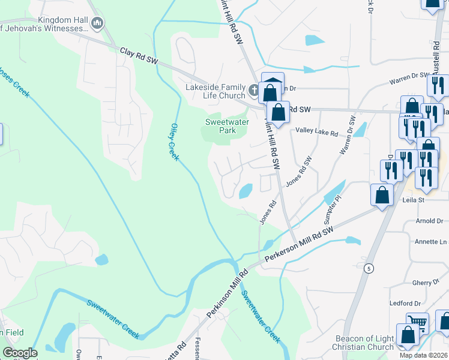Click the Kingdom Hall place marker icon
[x=97, y=23]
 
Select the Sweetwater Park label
[x=219, y=125]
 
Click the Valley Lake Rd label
[x=316, y=133]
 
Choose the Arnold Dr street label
[x=429, y=221]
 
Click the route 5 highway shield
[x=367, y=269]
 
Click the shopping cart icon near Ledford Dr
[x=417, y=322]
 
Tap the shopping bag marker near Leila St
[x=382, y=194]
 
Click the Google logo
[x=20, y=353]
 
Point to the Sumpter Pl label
[x=333, y=207]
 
